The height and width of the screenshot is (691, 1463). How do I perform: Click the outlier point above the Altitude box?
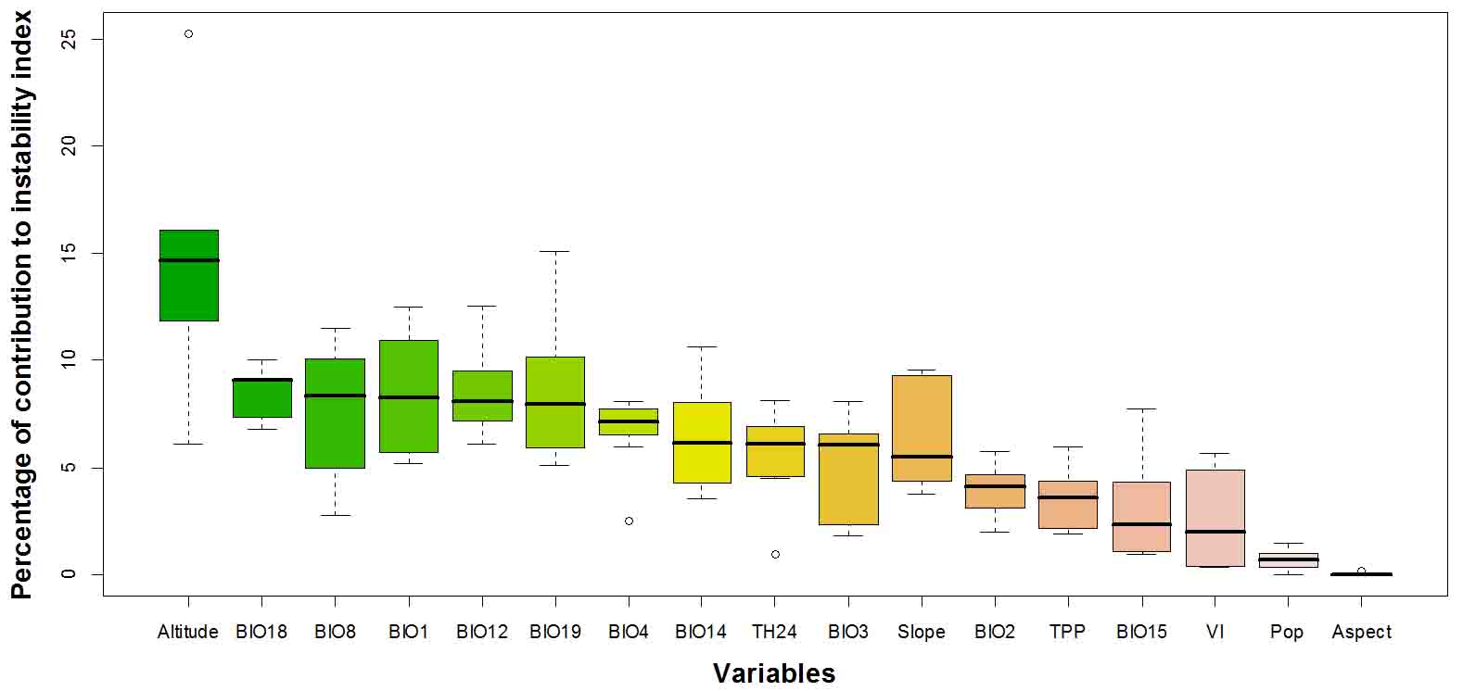[x=188, y=34]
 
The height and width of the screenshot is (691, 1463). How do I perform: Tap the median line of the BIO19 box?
[x=555, y=404]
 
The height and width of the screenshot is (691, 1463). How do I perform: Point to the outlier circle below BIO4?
[x=629, y=521]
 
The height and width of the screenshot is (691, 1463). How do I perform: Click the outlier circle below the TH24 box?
[x=775, y=554]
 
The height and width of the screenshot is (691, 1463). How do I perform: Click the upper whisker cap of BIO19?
[x=555, y=251]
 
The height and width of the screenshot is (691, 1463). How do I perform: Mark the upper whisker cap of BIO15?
[x=1141, y=408]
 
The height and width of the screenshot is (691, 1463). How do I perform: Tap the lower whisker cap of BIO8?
[x=335, y=515]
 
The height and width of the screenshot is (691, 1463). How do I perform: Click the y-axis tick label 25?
[x=68, y=40]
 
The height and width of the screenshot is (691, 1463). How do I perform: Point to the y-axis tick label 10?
[x=68, y=359]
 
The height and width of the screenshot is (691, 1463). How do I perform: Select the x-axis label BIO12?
[x=482, y=632]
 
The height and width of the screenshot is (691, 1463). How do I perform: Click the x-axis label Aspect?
[x=1361, y=632]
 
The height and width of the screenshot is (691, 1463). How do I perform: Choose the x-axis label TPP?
[x=1067, y=632]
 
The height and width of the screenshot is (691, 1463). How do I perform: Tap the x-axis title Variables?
[x=774, y=673]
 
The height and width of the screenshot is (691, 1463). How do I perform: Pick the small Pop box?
[x=1288, y=559]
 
